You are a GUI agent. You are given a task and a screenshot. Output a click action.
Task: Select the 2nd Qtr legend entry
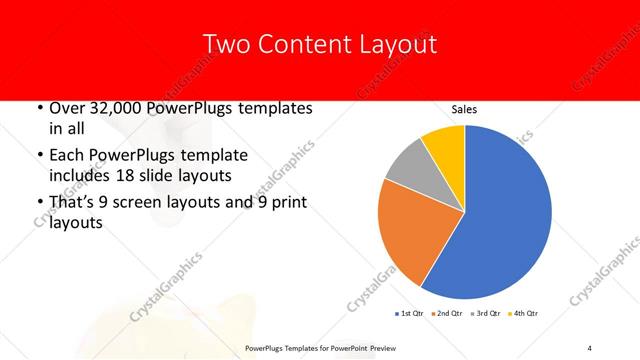coord(447,314)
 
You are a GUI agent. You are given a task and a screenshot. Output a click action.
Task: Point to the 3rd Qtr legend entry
coord(487,314)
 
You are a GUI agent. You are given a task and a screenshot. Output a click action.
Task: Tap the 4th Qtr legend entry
coord(526,314)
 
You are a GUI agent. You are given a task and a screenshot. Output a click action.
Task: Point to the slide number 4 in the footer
coord(590,347)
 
